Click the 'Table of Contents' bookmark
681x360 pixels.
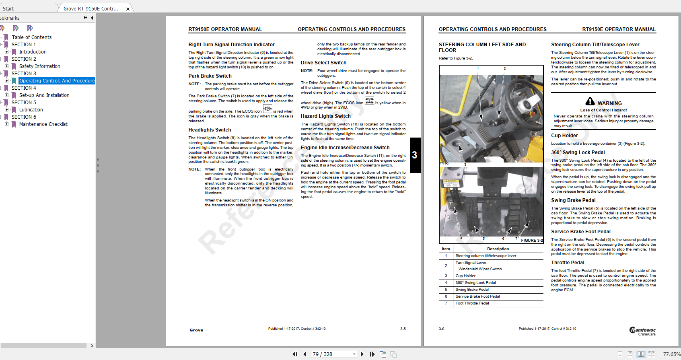(x=31, y=37)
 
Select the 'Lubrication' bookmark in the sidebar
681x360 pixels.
(x=31, y=110)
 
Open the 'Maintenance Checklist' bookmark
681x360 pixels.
(x=43, y=124)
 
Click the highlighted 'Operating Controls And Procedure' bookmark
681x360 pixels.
(x=57, y=81)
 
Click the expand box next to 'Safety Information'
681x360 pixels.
(x=6, y=66)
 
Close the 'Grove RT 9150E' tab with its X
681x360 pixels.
(x=128, y=9)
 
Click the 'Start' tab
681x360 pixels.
(x=8, y=8)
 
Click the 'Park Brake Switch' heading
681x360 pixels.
(x=210, y=76)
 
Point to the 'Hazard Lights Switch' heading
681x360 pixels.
(x=325, y=116)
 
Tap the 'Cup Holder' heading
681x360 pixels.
(x=564, y=136)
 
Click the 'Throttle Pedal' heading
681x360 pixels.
(x=568, y=263)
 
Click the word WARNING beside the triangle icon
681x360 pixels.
(x=609, y=103)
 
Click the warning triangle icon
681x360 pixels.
(x=590, y=101)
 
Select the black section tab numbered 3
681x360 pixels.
(x=415, y=155)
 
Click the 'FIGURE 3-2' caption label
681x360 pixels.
(x=531, y=241)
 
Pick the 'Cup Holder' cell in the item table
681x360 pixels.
(x=465, y=276)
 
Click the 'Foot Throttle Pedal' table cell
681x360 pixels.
(x=472, y=303)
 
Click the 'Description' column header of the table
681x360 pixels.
(x=498, y=249)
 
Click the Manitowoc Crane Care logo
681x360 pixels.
(x=642, y=331)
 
